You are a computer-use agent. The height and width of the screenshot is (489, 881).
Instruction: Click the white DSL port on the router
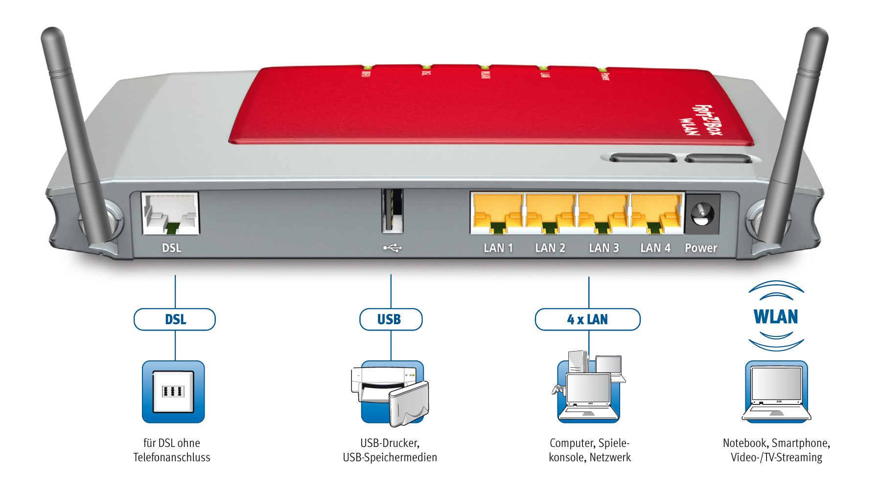[x=170, y=214]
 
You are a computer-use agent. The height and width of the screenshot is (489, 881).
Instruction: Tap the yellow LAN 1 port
[x=497, y=214]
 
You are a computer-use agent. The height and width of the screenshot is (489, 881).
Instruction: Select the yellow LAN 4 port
[x=656, y=214]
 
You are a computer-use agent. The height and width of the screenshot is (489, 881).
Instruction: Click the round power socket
[x=702, y=214]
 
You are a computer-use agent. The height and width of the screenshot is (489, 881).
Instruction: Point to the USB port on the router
[x=392, y=211]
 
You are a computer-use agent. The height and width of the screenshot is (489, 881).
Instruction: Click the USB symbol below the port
[x=392, y=248]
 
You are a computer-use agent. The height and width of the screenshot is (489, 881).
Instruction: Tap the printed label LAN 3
[x=603, y=248]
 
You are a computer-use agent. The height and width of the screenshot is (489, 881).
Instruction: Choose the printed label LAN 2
[x=550, y=248]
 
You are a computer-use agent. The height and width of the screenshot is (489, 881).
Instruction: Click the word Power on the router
[x=700, y=248]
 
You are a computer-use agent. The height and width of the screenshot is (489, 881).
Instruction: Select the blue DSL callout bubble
[x=175, y=319]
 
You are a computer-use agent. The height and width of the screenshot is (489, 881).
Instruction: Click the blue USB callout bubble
[x=390, y=319]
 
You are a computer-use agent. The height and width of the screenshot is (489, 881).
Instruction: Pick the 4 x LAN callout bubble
[x=587, y=319]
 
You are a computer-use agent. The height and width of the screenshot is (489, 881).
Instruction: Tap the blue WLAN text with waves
[x=776, y=317]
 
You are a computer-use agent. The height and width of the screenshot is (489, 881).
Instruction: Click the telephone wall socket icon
[x=173, y=392]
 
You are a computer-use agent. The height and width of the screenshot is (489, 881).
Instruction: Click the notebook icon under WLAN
[x=776, y=392]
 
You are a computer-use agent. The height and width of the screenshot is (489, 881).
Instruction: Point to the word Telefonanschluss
[x=172, y=458]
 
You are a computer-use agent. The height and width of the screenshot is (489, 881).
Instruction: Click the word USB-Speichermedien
[x=390, y=458]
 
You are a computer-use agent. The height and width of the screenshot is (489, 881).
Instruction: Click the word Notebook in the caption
[x=744, y=443]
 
